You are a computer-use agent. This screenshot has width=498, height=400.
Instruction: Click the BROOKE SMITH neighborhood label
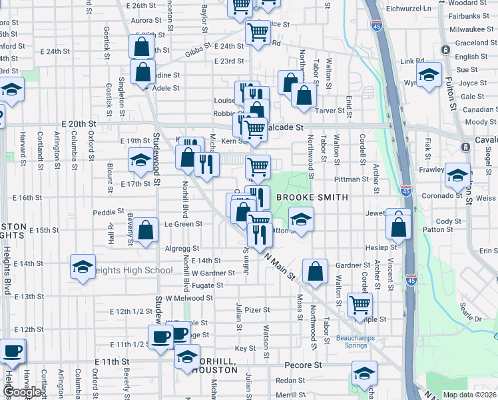(312, 197)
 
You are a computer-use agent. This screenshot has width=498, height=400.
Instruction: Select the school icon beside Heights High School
(83, 268)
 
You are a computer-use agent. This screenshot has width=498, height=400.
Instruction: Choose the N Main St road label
(279, 265)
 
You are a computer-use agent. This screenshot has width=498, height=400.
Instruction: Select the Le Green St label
(180, 224)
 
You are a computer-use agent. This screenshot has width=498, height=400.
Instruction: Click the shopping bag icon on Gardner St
(316, 271)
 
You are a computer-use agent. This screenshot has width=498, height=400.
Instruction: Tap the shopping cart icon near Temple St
(360, 305)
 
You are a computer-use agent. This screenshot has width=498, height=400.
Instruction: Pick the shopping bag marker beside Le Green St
(145, 229)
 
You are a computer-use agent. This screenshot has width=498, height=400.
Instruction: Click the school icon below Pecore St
(364, 373)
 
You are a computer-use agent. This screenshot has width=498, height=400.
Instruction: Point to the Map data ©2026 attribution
(469, 395)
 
